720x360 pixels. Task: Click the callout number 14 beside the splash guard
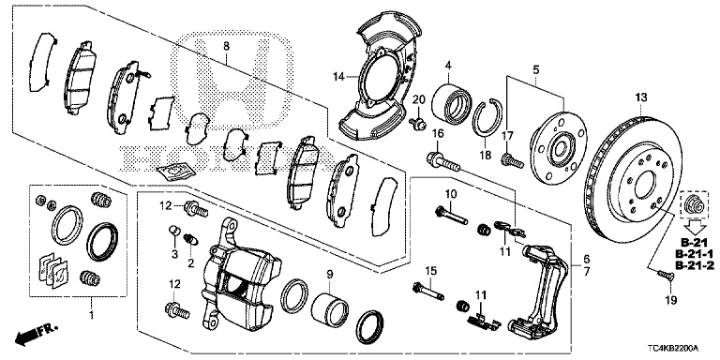[338, 77]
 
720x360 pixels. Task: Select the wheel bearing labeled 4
[452, 104]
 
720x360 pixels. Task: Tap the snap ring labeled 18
[487, 117]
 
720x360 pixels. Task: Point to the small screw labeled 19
[666, 276]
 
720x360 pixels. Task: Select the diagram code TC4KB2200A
[675, 348]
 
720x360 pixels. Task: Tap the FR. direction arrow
[36, 334]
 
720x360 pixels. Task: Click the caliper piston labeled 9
[330, 309]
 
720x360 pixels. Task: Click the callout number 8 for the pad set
[226, 46]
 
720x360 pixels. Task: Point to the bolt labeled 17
[512, 160]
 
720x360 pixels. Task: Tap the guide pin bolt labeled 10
[451, 216]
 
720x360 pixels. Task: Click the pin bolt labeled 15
[427, 292]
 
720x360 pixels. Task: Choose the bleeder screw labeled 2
[190, 240]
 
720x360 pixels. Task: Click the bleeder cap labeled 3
[174, 230]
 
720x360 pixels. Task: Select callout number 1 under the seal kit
[90, 315]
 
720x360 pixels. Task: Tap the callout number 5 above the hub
[536, 69]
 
